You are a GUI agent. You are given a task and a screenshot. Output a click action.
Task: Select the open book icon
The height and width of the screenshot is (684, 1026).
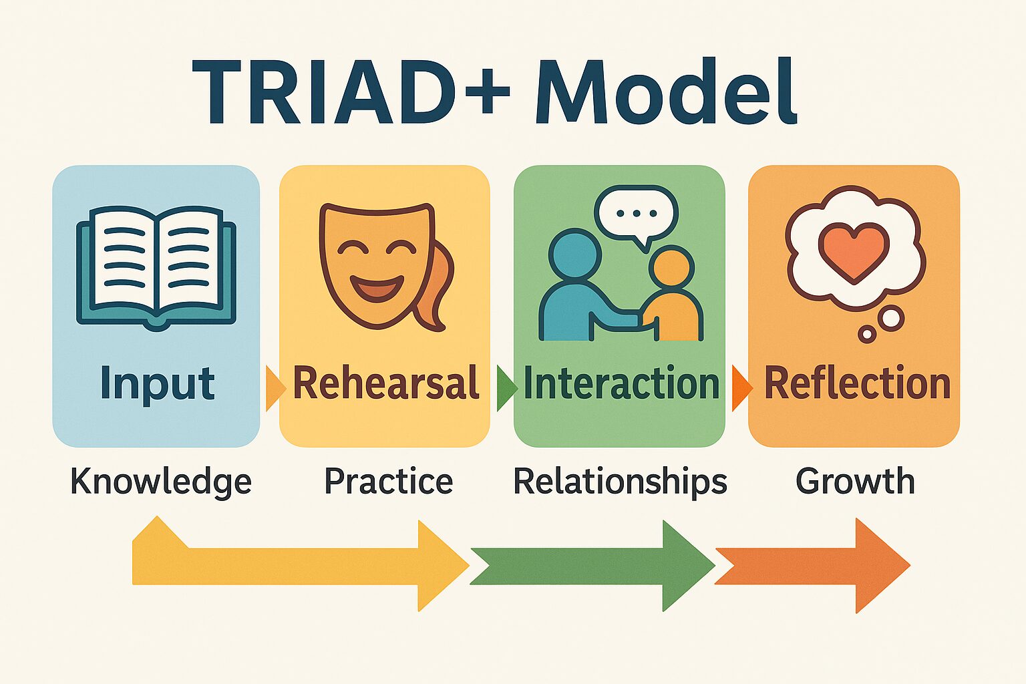click(156, 268)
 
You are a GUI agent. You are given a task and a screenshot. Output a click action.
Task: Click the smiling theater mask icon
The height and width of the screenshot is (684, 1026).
click(377, 264)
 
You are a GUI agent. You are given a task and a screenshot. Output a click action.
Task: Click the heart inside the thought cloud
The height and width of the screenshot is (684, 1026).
click(854, 252)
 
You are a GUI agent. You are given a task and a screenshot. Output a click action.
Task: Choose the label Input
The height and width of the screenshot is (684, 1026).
click(157, 384)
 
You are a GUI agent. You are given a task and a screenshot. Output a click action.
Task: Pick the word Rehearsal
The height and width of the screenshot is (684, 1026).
click(386, 383)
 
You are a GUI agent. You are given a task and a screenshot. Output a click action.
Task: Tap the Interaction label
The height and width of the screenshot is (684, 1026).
click(621, 383)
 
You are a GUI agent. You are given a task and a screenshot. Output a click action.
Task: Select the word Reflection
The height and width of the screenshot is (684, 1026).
click(857, 383)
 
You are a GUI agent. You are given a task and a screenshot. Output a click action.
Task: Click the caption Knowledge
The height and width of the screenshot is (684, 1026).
click(161, 482)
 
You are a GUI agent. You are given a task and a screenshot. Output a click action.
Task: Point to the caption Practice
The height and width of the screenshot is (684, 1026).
click(388, 481)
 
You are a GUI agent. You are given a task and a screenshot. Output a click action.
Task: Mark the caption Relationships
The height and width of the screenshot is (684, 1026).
click(620, 482)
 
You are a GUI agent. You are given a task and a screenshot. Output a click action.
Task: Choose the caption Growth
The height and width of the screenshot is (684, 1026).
click(855, 481)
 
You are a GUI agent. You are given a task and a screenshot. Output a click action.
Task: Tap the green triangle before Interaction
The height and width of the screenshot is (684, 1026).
click(506, 387)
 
